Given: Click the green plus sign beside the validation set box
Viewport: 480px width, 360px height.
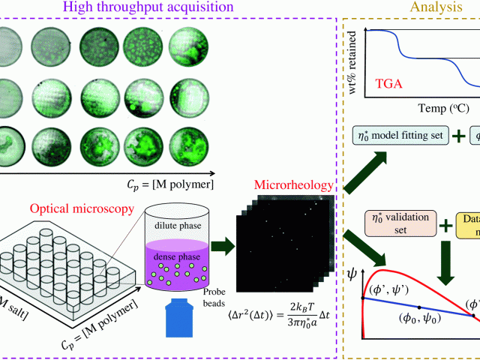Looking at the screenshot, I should pyautogui.click(x=445, y=224).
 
